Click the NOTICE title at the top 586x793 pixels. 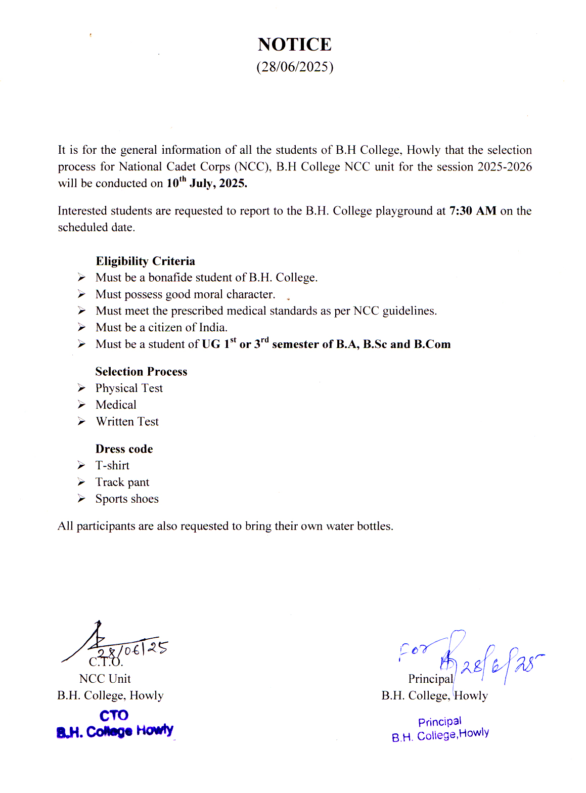[x=295, y=45]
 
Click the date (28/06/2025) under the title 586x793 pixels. [x=295, y=67]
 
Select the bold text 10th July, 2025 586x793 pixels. [x=207, y=183]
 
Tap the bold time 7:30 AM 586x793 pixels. [x=473, y=210]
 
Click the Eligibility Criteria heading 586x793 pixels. [x=145, y=261]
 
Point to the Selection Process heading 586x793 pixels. [x=141, y=372]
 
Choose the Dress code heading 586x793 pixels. [x=124, y=449]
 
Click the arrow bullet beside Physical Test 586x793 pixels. [x=81, y=388]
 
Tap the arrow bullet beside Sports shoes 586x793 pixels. [x=81, y=499]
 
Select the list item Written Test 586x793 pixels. [x=127, y=422]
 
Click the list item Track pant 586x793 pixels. [x=122, y=482]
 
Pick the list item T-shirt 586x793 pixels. [x=112, y=466]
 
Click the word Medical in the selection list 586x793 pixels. [x=116, y=405]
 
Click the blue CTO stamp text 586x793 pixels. [x=114, y=716]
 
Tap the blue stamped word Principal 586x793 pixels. [x=439, y=722]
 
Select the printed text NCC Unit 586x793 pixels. [x=105, y=679]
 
